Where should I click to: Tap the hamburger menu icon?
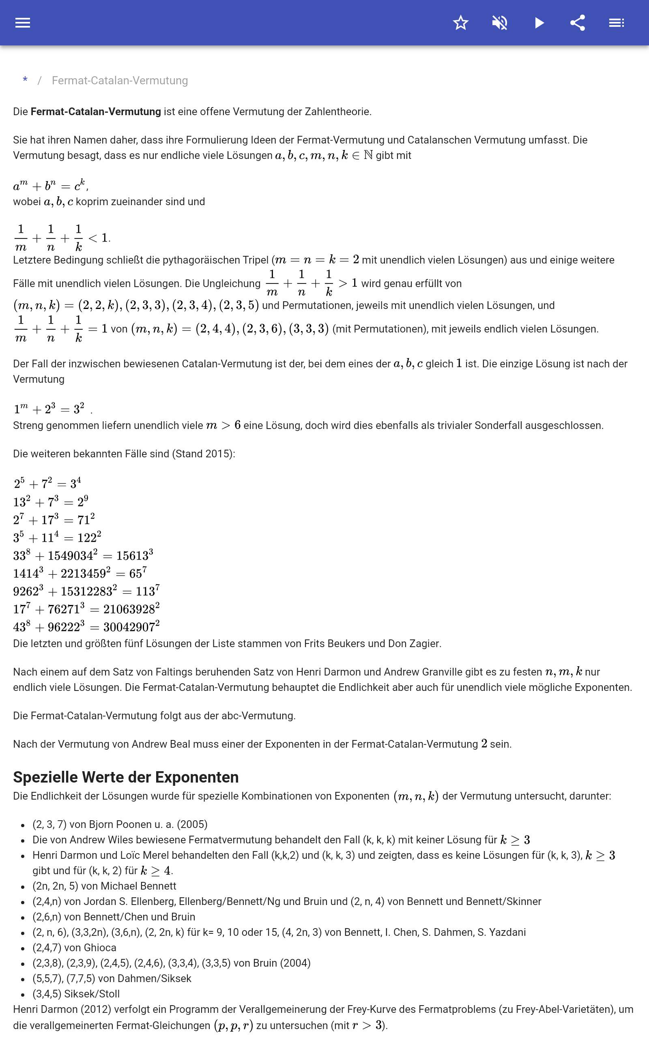click(23, 23)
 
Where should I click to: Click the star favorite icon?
click(460, 23)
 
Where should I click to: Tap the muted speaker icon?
click(500, 23)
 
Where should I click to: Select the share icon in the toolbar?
click(578, 23)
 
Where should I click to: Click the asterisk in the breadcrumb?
click(25, 80)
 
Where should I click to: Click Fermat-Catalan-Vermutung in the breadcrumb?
click(120, 81)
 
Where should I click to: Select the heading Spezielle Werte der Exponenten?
click(125, 777)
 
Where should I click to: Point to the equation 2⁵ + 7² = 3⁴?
click(47, 484)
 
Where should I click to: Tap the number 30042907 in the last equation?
click(129, 628)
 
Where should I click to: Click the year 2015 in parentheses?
click(218, 454)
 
